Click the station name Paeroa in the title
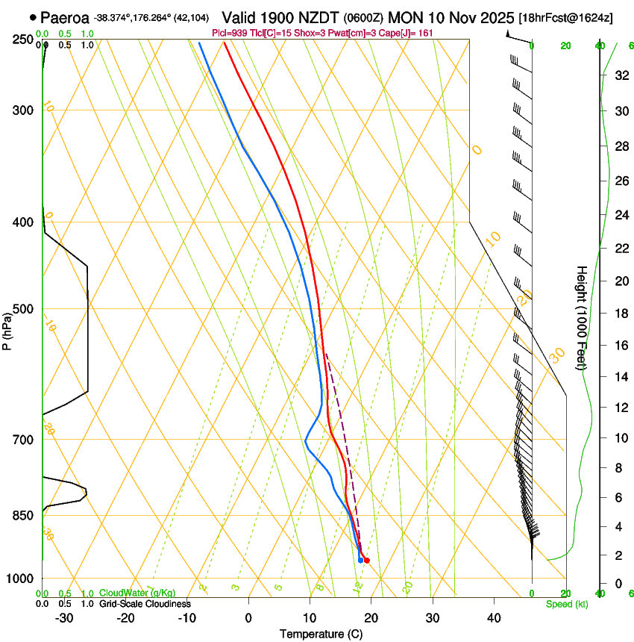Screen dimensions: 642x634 coord(64,17)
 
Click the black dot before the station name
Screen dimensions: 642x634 coord(33,17)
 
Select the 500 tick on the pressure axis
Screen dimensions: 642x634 coord(23,309)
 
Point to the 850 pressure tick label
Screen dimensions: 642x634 coord(23,515)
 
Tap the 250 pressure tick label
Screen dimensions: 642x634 coord(23,40)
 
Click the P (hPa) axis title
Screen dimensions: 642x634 coord(7,329)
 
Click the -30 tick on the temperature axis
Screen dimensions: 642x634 coord(64,618)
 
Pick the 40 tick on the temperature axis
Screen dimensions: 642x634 coord(493,618)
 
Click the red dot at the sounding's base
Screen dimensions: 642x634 coord(366,560)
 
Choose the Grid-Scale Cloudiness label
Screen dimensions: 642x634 coord(145,603)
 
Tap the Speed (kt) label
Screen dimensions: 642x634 coord(567,604)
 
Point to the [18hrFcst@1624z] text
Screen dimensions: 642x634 coord(565,17)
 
